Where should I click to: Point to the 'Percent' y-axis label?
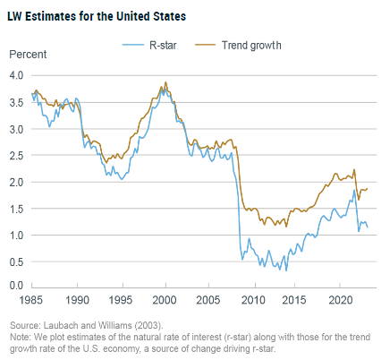[x=28, y=56]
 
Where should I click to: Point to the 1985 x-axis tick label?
[x=32, y=297]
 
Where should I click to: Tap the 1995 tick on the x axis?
[x=121, y=297]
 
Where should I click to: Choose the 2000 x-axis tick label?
[x=165, y=297]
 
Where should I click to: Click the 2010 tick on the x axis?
[x=252, y=297]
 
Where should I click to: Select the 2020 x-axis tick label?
[x=340, y=297]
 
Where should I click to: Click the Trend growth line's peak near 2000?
[x=165, y=82]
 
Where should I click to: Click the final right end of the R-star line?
[x=368, y=227]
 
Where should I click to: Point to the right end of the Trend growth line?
[x=368, y=188]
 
